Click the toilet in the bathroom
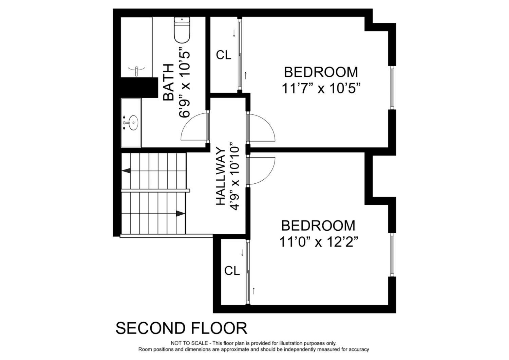click(x=182, y=30)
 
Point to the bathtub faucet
click(x=136, y=71)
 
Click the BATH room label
click(x=169, y=82)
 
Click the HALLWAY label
click(x=221, y=177)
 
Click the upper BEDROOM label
click(x=321, y=72)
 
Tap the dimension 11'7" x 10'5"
click(x=321, y=88)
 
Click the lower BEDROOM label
click(x=318, y=226)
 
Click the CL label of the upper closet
click(x=224, y=55)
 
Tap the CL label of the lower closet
click(x=232, y=271)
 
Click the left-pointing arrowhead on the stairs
click(x=126, y=170)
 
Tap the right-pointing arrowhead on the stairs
click(x=181, y=214)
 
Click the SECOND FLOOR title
click(x=181, y=328)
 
